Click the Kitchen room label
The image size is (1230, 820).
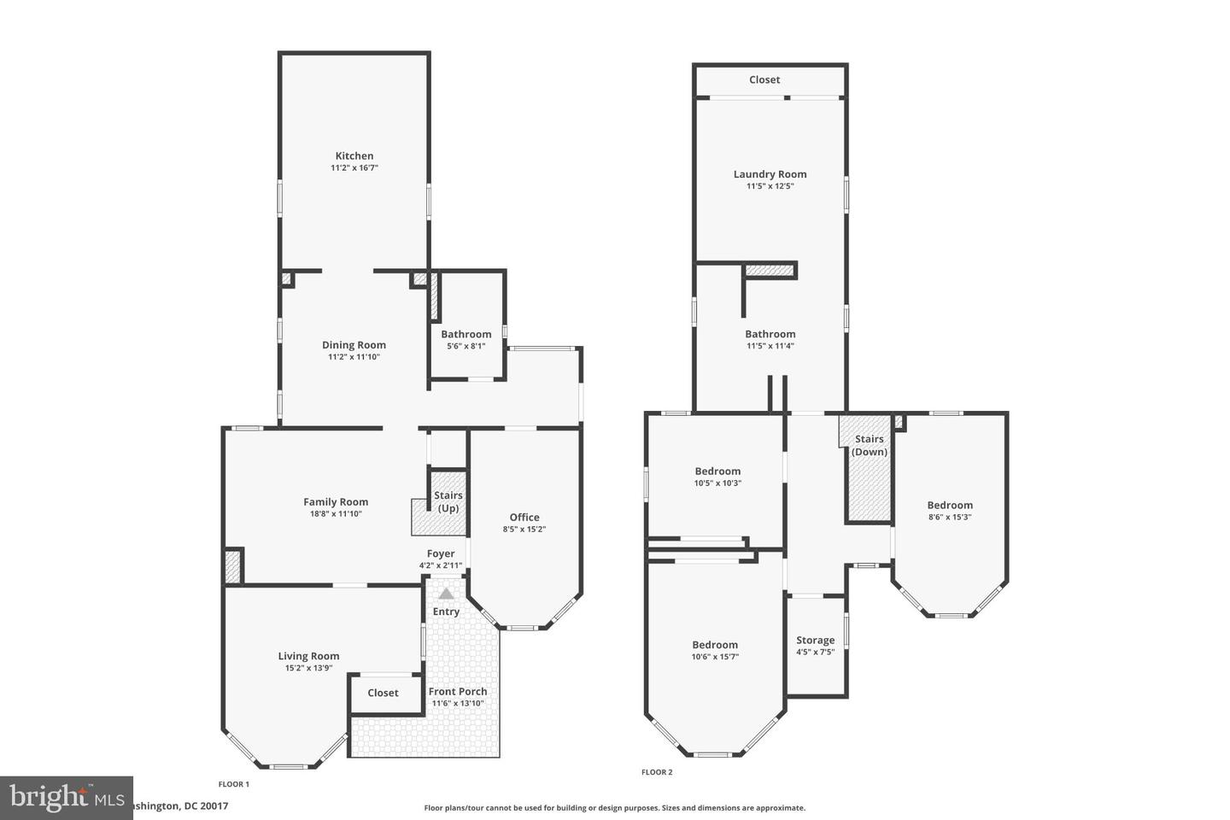[x=354, y=155]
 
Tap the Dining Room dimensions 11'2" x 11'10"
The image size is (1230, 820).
[x=354, y=357]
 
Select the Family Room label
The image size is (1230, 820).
[x=336, y=502]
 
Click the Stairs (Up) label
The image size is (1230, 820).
[x=448, y=501]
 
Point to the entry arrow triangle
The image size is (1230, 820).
[x=446, y=593]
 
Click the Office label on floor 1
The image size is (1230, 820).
[x=524, y=517]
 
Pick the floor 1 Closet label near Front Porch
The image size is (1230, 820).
[x=383, y=693]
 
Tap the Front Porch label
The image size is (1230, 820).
[x=458, y=691]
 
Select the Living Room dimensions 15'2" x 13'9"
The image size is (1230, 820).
[x=308, y=668]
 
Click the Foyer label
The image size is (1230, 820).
[x=441, y=553]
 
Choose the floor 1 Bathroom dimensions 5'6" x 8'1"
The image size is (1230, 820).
[x=466, y=346]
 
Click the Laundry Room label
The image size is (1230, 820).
[x=770, y=173]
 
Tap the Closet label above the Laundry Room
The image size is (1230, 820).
[x=764, y=79]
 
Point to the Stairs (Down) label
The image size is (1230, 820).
[x=870, y=445]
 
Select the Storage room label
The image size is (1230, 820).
[x=815, y=640]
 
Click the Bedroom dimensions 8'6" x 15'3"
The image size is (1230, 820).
[x=950, y=517]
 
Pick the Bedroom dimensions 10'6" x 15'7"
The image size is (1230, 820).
[x=715, y=657]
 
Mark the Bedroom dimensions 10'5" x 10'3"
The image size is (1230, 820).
[x=717, y=483]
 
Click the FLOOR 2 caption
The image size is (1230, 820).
[x=657, y=772]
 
